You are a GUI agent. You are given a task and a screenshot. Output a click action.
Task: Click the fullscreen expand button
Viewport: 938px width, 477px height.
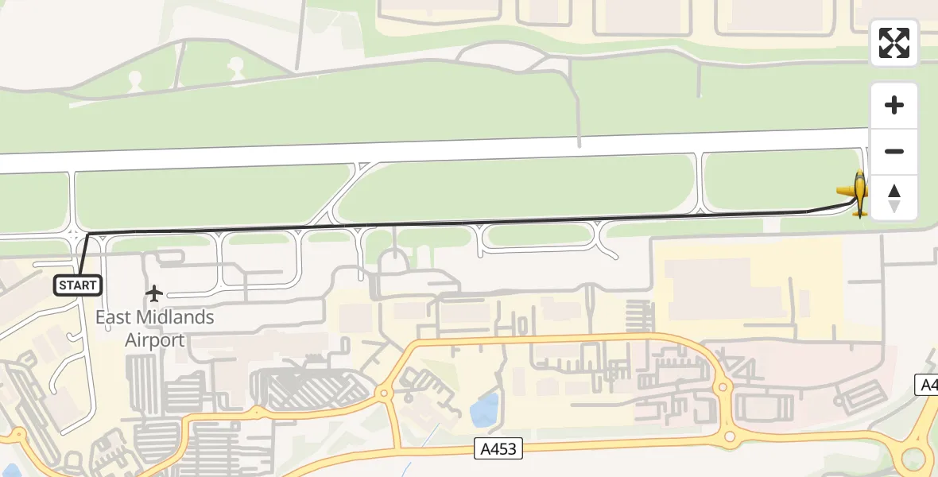pyautogui.click(x=894, y=43)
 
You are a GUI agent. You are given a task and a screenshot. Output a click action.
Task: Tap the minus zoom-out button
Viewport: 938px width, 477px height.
pyautogui.click(x=894, y=151)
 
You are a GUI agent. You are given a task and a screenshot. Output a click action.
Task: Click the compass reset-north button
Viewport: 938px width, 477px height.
pyautogui.click(x=894, y=198)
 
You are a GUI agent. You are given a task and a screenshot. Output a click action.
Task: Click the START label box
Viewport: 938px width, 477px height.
pyautogui.click(x=77, y=285)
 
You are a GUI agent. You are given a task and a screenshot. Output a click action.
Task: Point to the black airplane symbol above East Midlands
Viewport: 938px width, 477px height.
pyautogui.click(x=154, y=294)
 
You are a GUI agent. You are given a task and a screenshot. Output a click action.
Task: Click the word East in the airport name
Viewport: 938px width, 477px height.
pyautogui.click(x=112, y=317)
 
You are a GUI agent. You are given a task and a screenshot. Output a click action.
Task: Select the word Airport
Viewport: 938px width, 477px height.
pyautogui.click(x=155, y=340)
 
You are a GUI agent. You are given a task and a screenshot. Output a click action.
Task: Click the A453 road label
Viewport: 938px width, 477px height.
pyautogui.click(x=498, y=448)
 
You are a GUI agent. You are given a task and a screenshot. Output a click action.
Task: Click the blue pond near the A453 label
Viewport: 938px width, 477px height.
pyautogui.click(x=484, y=410)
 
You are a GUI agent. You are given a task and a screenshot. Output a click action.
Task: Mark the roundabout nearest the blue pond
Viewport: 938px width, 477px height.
pyautogui.click(x=385, y=393)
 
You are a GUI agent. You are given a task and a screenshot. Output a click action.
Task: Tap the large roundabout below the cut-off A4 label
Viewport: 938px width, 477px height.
pyautogui.click(x=914, y=457)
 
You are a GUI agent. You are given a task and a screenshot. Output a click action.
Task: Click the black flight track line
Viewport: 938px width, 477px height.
pyautogui.click(x=477, y=223)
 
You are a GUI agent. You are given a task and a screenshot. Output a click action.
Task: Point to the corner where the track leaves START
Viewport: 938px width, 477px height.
pyautogui.click(x=87, y=234)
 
